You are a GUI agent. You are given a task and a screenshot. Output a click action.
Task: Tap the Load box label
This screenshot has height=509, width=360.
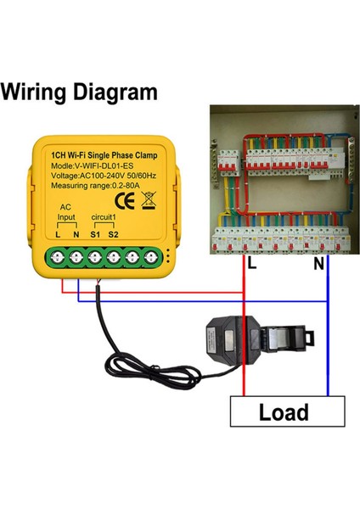click(283, 413)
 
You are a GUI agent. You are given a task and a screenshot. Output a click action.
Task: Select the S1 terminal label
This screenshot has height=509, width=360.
click(95, 234)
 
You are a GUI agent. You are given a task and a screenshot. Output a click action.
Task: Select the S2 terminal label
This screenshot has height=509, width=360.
click(114, 234)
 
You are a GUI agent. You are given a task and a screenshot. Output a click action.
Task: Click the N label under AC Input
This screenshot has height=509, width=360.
click(75, 234)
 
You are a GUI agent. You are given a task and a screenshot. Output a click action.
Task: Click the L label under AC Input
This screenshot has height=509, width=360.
click(58, 234)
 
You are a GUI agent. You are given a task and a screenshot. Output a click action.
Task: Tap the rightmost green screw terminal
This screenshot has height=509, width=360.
click(151, 255)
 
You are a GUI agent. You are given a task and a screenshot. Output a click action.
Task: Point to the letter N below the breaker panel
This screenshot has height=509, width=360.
click(318, 265)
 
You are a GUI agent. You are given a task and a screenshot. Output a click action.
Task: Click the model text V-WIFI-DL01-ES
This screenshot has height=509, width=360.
click(102, 167)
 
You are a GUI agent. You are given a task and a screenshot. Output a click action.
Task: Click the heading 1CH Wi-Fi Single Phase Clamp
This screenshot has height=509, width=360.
click(102, 155)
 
